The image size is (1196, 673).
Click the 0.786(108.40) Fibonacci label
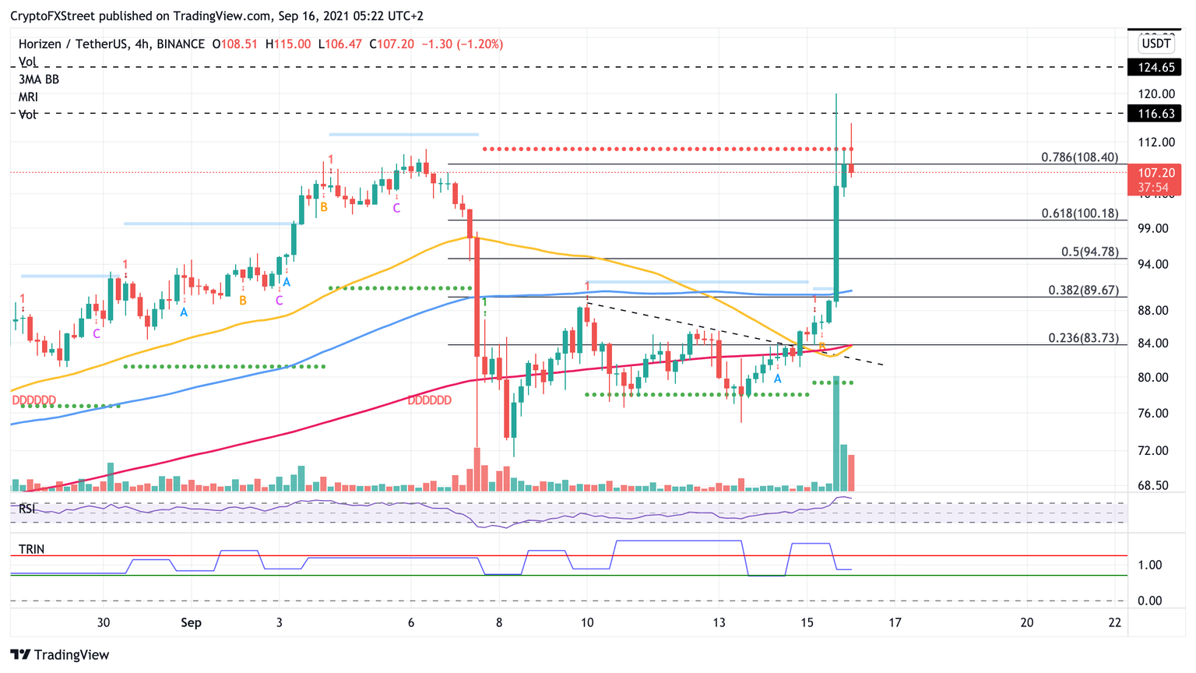[x=1079, y=157]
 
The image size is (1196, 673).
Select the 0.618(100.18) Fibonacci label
[x=1079, y=213]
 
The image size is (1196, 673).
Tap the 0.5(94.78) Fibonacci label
[x=1089, y=252]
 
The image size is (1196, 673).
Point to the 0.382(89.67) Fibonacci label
[x=1082, y=290]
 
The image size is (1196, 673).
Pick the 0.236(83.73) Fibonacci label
[x=1082, y=337]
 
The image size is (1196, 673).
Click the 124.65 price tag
[x=1156, y=68]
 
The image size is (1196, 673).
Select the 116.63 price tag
[x=1156, y=114]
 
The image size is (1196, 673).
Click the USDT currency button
[x=1156, y=44]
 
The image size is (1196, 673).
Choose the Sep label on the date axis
[x=191, y=622]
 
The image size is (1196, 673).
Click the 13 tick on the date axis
[x=719, y=622]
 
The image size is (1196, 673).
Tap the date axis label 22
[x=1115, y=622]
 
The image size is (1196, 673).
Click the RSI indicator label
[x=27, y=509]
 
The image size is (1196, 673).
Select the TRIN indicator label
[x=31, y=549]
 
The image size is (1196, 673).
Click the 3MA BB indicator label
[x=39, y=79]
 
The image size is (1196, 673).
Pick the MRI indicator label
[x=28, y=97]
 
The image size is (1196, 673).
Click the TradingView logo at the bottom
[x=60, y=655]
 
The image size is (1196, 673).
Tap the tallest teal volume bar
[x=836, y=433]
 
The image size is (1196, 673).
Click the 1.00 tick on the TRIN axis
[x=1149, y=565]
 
